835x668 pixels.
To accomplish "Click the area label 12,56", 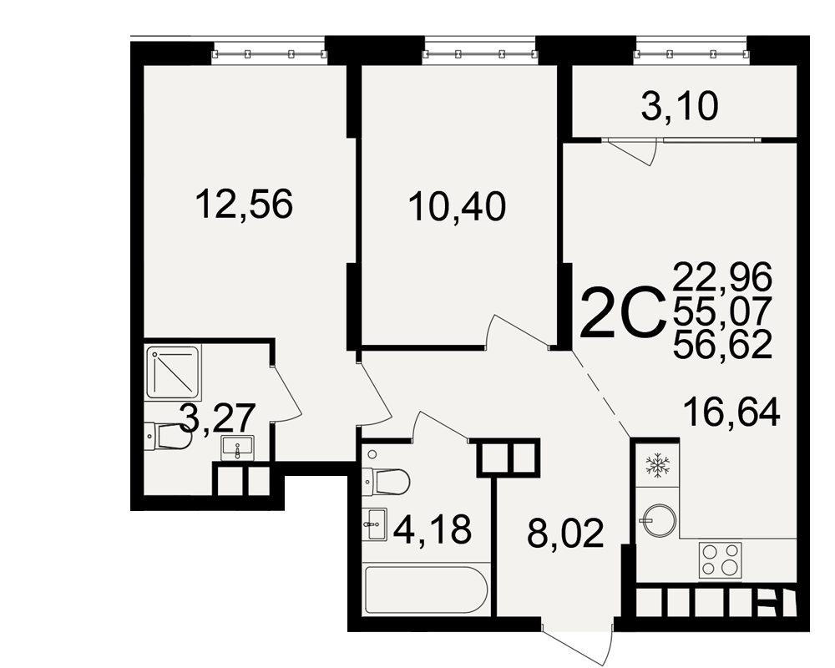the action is click(245, 205).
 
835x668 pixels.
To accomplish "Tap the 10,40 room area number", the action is click(457, 207).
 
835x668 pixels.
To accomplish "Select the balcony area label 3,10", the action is click(680, 107).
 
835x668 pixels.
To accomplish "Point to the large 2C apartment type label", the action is click(623, 312).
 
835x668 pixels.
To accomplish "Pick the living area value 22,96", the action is click(722, 276).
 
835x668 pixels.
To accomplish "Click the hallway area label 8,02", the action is click(565, 534).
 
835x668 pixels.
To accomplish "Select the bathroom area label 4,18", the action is click(433, 529).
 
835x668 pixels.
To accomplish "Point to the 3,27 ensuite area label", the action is click(217, 418).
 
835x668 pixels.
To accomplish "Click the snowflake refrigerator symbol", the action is click(657, 464).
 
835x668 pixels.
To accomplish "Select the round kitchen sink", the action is click(659, 520).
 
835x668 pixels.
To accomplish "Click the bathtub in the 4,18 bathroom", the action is click(426, 590).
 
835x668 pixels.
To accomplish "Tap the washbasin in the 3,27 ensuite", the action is click(237, 448).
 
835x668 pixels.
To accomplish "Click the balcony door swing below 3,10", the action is click(633, 152).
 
